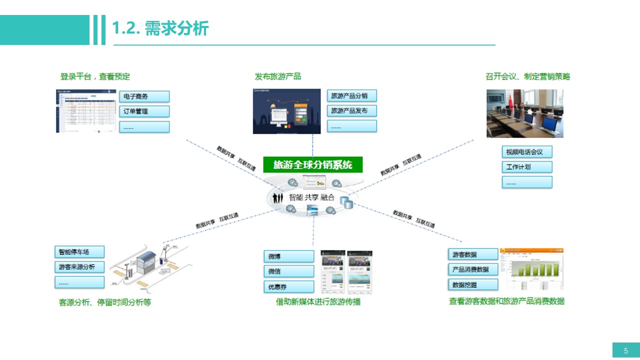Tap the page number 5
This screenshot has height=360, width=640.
click(x=626, y=350)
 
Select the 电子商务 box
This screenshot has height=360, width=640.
click(x=144, y=96)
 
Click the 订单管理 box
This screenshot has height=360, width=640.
click(x=144, y=111)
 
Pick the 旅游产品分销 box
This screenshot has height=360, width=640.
click(x=352, y=95)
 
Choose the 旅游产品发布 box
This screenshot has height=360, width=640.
click(x=352, y=110)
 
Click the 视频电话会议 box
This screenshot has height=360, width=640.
click(x=527, y=151)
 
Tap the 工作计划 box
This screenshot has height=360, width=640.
click(x=527, y=166)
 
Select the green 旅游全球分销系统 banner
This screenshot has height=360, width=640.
click(x=313, y=164)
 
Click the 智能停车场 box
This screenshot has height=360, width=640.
click(x=79, y=252)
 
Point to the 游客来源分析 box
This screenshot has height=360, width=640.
click(x=79, y=267)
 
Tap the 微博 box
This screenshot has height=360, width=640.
click(x=289, y=256)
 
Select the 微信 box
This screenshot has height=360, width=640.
click(x=289, y=271)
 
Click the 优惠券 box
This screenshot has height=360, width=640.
click(x=289, y=287)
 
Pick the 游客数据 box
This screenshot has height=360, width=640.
click(x=473, y=254)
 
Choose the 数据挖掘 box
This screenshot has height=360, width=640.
click(x=473, y=284)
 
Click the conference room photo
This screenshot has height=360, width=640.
click(x=525, y=113)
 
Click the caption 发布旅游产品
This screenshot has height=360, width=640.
click(x=278, y=76)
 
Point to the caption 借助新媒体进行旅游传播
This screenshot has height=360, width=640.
click(x=318, y=302)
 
